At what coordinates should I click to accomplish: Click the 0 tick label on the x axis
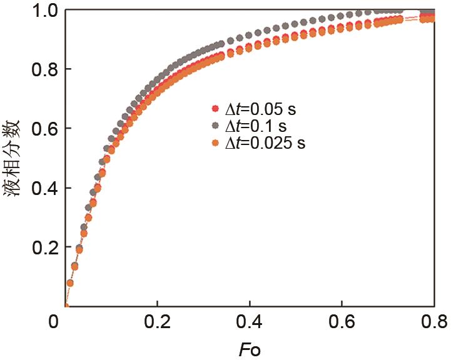pos(55,322)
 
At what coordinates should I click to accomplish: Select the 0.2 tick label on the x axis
pos(158,322)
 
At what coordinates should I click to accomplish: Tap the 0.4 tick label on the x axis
pos(250,322)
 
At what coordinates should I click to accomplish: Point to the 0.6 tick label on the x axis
pos(342,322)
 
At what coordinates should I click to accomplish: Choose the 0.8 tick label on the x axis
pos(433,322)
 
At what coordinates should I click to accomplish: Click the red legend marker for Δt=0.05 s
pos(216,109)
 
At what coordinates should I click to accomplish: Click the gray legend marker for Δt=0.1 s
pos(216,126)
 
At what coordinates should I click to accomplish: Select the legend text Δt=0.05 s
pos(260,109)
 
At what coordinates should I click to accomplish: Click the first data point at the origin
pos(66,306)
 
